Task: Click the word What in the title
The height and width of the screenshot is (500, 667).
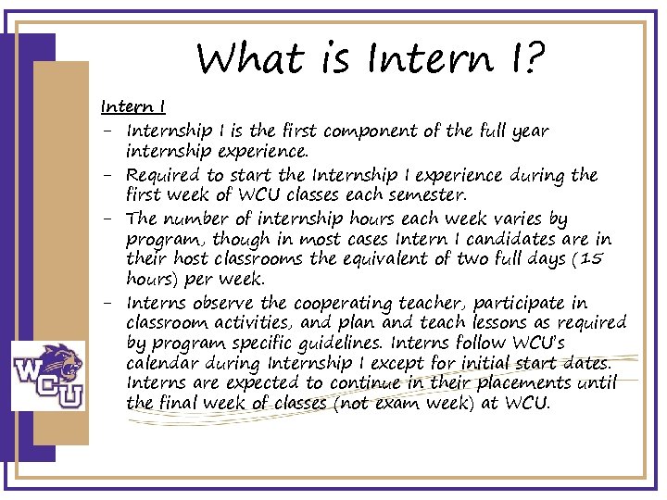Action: coord(248,60)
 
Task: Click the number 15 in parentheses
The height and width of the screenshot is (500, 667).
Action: coord(588,259)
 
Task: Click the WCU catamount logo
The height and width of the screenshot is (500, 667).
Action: coord(48,375)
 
